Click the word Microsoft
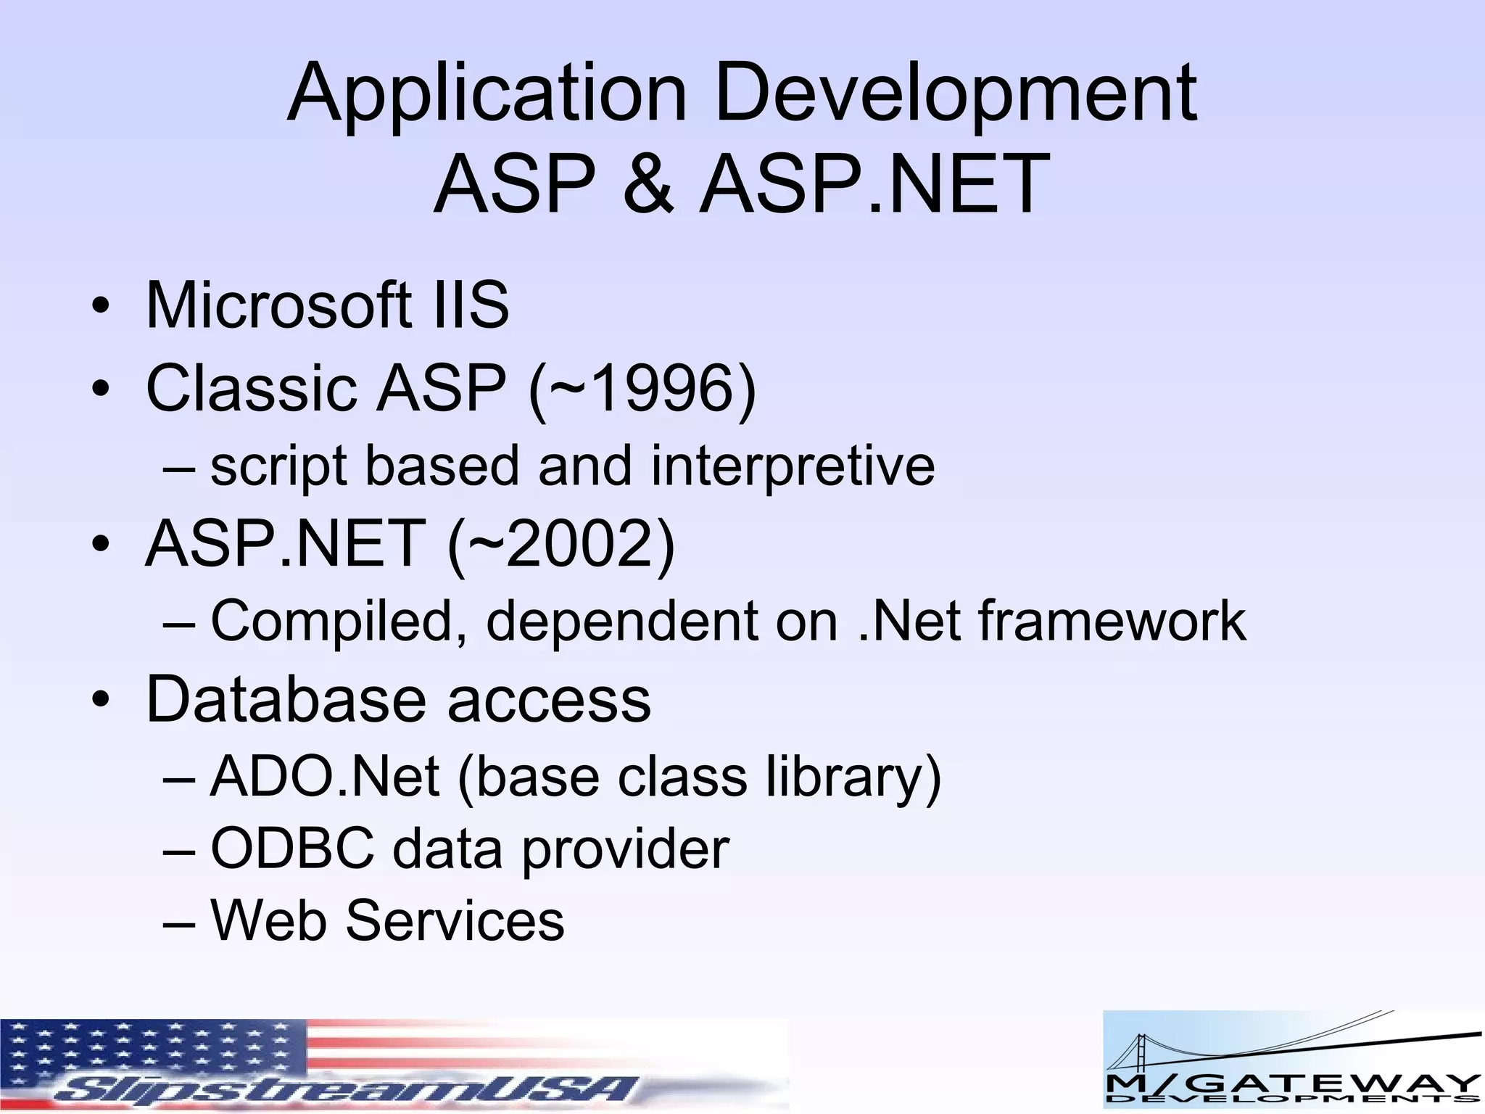pos(278,305)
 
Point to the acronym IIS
pos(471,305)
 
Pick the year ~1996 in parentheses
pos(642,389)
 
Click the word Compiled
pos(338,622)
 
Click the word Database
pos(286,699)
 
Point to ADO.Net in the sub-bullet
pos(324,777)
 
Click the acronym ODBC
pos(292,849)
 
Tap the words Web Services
pos(387,920)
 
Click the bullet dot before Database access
pos(101,701)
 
